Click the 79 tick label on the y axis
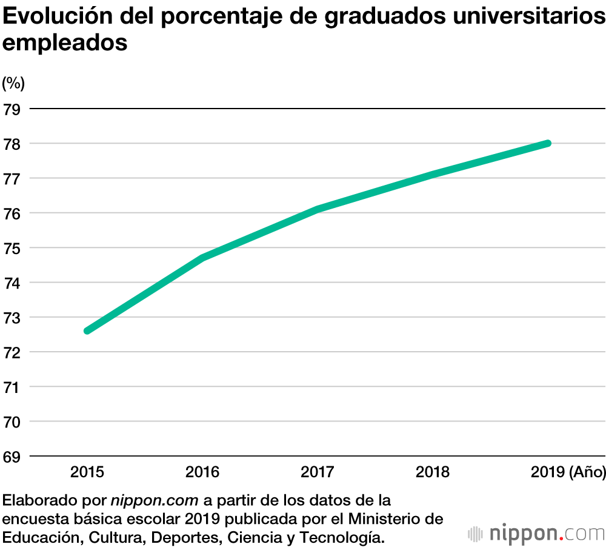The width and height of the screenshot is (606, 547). (x=12, y=110)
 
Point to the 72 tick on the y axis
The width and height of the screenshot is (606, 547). (x=12, y=352)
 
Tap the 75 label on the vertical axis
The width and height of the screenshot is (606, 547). (x=12, y=249)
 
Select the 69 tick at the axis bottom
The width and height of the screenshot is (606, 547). (x=12, y=457)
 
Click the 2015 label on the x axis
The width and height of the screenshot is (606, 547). (x=87, y=472)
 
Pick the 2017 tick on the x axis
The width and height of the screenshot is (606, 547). (x=318, y=472)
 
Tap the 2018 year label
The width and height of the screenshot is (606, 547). (x=433, y=472)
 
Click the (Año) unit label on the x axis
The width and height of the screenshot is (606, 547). (x=587, y=472)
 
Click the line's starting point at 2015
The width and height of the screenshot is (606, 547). (x=88, y=331)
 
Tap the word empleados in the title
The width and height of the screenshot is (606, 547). (x=65, y=43)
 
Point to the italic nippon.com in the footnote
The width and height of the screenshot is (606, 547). (x=155, y=502)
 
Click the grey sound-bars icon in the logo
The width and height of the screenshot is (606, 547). (x=476, y=534)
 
